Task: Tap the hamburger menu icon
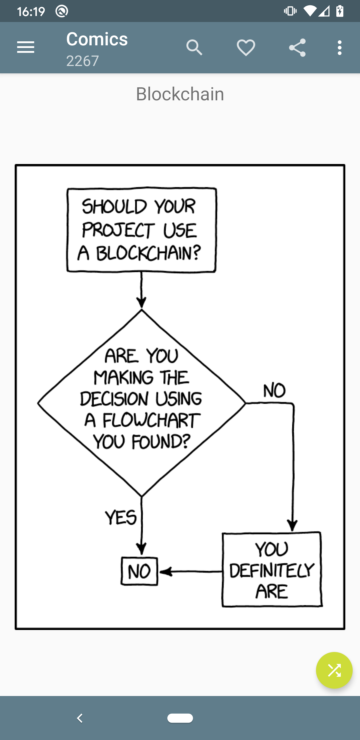26,47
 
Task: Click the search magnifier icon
194,47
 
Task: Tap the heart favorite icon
246,47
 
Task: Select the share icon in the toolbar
297,47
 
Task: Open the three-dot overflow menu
339,47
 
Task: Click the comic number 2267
82,61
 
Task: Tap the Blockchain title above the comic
180,94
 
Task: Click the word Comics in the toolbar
97,39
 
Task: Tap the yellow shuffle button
334,670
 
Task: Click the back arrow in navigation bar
80,718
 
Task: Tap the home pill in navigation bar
180,718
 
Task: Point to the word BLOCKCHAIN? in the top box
149,253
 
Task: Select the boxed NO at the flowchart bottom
139,571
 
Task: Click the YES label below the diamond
121,518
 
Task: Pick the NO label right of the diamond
274,390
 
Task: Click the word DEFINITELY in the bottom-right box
272,570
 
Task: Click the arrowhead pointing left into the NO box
166,572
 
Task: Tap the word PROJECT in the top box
118,230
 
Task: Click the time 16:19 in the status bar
31,12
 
